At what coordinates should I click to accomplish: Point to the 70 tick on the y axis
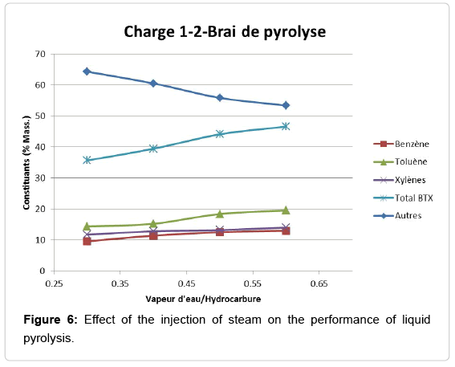pos(39,54)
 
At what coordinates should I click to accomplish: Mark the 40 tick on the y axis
pos(39,147)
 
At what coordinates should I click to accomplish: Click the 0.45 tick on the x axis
pos(186,283)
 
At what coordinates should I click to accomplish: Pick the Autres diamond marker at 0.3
pos(87,71)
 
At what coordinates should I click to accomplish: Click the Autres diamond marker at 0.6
pos(286,105)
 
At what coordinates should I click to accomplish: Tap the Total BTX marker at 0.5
pos(219,133)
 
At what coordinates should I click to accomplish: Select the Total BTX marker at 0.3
pos(87,160)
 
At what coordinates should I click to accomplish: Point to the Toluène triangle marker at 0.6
pos(286,210)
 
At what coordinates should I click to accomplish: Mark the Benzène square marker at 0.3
pos(87,241)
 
